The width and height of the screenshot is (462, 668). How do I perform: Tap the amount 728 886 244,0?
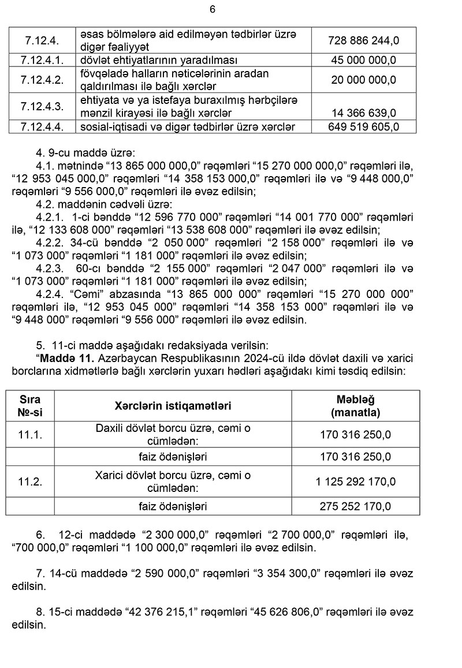[363, 41]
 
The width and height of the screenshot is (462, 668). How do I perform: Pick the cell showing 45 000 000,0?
[363, 60]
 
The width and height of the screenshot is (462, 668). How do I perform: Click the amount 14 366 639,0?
[363, 112]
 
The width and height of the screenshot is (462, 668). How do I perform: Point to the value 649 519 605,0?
[363, 126]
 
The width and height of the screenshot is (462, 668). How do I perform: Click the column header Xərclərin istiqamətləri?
[173, 406]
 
